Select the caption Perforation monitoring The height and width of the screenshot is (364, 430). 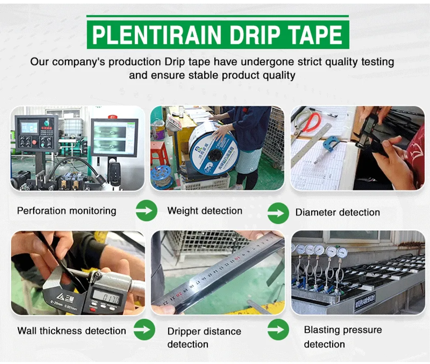coord(67,211)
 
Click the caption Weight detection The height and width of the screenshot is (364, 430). coord(204,211)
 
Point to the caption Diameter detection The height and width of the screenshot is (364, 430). coord(338,212)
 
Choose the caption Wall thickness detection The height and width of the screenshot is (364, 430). coord(71,331)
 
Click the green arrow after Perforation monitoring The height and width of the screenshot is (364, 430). coord(146,210)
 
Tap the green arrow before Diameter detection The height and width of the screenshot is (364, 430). coord(278,211)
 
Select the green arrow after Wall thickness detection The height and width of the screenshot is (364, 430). coord(144,329)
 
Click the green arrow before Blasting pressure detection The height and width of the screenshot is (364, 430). coord(278,329)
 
